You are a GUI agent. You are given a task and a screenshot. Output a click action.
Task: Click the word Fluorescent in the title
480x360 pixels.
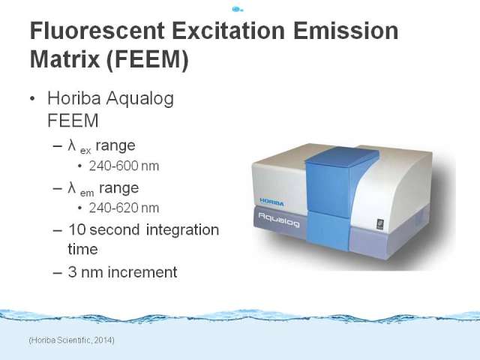click(x=97, y=31)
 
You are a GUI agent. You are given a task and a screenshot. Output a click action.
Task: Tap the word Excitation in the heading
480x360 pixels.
click(x=228, y=31)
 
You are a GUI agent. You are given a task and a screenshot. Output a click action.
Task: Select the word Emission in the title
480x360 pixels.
click(x=346, y=31)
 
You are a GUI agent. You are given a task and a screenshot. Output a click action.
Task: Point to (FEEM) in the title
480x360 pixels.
click(x=148, y=59)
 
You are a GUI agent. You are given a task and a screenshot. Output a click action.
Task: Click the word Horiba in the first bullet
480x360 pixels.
click(x=74, y=98)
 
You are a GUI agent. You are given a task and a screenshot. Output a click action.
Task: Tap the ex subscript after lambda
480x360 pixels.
click(x=85, y=151)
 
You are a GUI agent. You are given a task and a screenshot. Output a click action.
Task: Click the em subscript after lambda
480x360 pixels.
click(x=87, y=193)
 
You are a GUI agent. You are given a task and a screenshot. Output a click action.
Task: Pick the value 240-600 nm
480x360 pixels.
click(x=124, y=166)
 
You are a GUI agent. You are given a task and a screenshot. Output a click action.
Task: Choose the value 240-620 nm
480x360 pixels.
click(x=124, y=208)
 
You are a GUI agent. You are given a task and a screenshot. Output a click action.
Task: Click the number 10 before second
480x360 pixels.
click(x=76, y=229)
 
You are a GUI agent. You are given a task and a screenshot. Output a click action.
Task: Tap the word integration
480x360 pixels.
click(x=182, y=230)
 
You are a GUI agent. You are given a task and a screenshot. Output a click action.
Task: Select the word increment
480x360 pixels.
click(x=142, y=271)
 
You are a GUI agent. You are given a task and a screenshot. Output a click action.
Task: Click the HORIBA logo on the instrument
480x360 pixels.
click(x=271, y=202)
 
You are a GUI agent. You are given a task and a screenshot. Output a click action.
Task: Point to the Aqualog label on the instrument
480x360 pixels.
click(x=279, y=220)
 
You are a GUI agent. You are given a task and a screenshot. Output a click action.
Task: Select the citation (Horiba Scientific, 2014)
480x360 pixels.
click(x=72, y=340)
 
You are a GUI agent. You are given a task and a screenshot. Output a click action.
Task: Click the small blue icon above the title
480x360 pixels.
click(x=237, y=9)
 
